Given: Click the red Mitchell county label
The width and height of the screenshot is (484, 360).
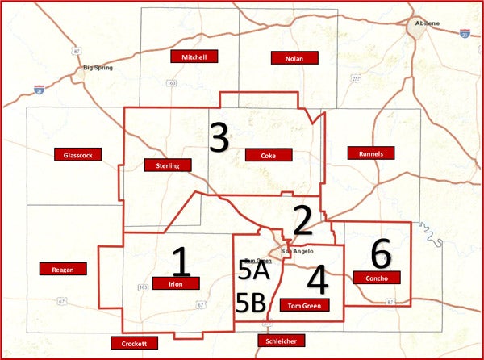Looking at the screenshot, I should (194, 57).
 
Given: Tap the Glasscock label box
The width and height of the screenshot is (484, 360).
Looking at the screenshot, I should (76, 154).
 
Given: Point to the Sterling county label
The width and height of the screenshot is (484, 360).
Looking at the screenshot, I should (168, 165).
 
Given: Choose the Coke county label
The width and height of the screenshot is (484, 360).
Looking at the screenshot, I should (268, 155).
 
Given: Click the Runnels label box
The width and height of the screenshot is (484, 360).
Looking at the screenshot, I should (369, 153).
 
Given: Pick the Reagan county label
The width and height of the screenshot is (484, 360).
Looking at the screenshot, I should (62, 269).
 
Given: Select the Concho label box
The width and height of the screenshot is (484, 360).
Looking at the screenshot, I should (376, 278).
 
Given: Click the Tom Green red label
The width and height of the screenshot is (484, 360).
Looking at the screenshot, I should (304, 305).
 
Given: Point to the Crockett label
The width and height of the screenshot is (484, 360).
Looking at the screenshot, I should (134, 343).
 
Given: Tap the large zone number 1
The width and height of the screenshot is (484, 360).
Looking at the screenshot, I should (181, 262).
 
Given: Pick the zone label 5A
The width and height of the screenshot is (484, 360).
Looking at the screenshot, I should (254, 271).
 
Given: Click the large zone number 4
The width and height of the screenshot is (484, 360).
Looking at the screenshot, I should (318, 280).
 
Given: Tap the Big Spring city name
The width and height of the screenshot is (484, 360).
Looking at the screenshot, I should (100, 68).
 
